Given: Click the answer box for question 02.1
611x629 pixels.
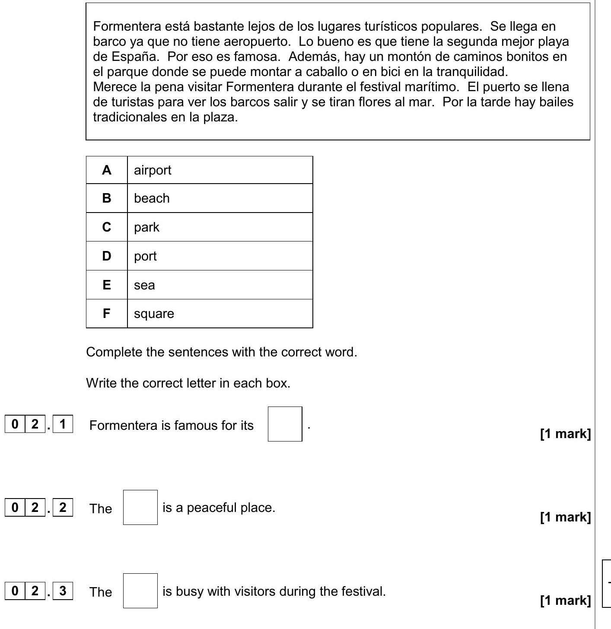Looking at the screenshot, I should [285, 424].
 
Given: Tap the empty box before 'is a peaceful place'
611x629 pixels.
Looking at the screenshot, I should [140, 507].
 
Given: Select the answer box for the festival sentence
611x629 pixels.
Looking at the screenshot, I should [140, 591].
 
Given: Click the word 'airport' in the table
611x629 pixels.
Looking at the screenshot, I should [153, 170].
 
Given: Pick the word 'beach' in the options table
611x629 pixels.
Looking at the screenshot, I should [152, 198].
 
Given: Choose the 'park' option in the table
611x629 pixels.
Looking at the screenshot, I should [146, 227].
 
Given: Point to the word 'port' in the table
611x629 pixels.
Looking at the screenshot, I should [145, 256].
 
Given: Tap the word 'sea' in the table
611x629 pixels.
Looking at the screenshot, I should [144, 285].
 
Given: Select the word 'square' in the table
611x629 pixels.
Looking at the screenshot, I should [154, 314].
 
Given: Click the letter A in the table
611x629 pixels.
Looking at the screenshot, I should [107, 170].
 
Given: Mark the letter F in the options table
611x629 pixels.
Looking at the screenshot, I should [107, 314].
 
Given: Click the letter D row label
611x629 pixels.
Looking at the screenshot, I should [107, 256].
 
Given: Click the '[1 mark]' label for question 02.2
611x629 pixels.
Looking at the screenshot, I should [565, 517].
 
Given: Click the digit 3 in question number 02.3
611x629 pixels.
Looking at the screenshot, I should [63, 591].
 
